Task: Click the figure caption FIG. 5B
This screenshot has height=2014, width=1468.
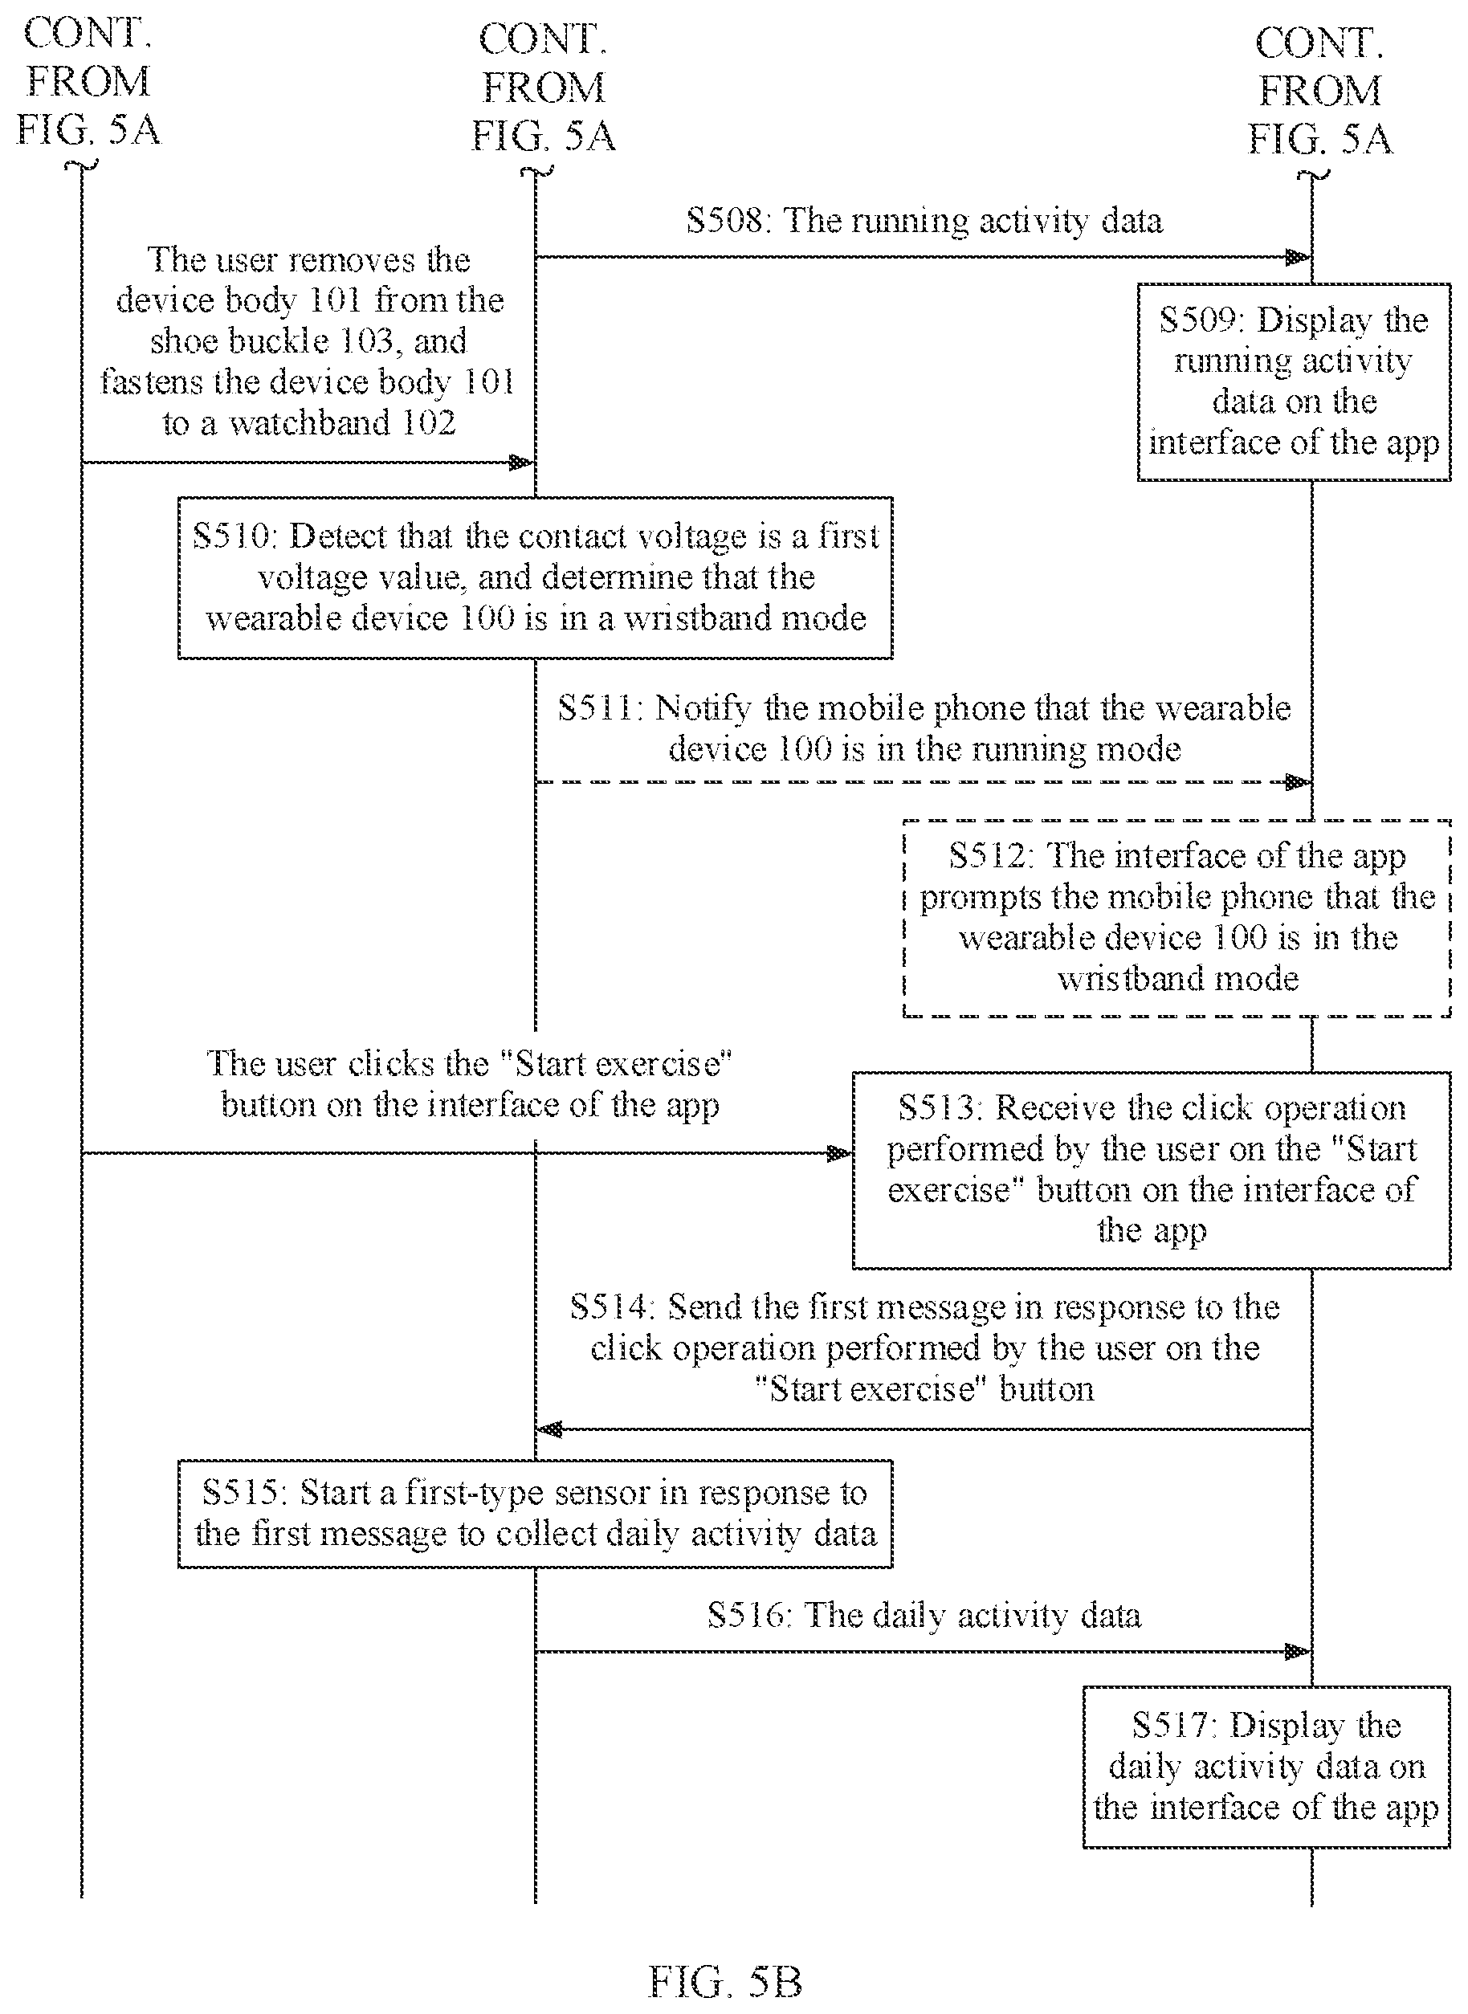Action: pyautogui.click(x=725, y=1982)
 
